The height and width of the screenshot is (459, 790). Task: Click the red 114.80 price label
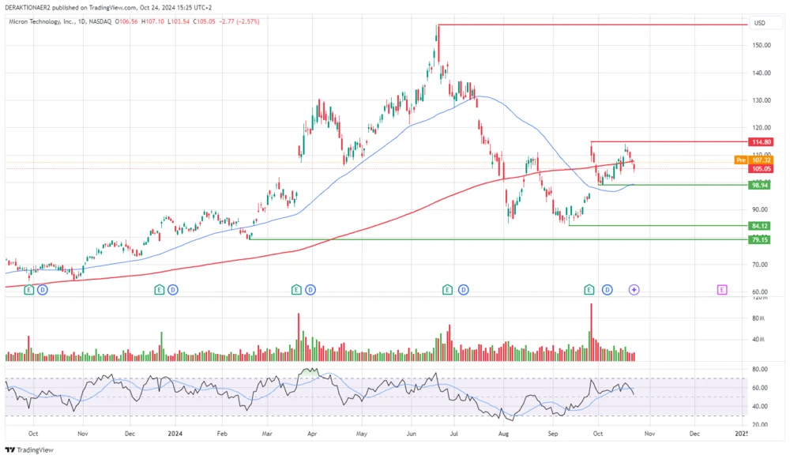click(x=762, y=141)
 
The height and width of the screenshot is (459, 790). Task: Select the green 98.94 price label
click(x=762, y=185)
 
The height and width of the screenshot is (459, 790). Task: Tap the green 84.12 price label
click(x=762, y=226)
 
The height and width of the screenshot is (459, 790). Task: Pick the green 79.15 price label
click(x=762, y=239)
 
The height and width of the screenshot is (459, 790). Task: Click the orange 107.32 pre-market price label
click(x=762, y=160)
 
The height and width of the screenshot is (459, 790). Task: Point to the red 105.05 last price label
click(x=762, y=168)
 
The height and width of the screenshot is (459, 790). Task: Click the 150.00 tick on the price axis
click(x=762, y=45)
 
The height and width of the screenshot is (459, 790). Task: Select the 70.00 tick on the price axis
click(x=760, y=265)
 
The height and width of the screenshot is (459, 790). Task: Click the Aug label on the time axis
click(x=503, y=434)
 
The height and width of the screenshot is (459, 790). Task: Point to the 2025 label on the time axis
click(x=741, y=434)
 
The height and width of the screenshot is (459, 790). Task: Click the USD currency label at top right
click(x=760, y=23)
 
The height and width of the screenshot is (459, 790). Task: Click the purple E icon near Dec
click(x=722, y=290)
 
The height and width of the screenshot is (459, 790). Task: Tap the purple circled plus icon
click(x=634, y=290)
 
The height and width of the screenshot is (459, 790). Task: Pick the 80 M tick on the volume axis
click(x=759, y=318)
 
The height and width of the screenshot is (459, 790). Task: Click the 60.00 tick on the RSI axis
click(x=759, y=388)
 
